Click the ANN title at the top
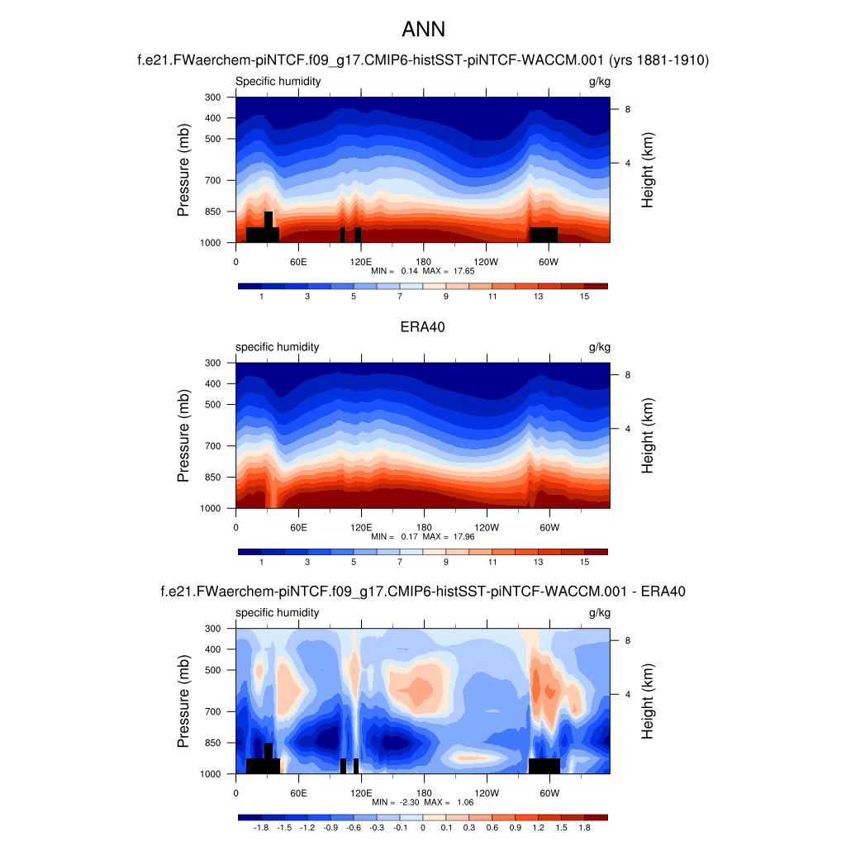(423, 30)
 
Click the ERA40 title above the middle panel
(423, 327)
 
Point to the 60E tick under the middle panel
(298, 527)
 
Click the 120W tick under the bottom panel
(486, 792)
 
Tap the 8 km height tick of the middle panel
(628, 374)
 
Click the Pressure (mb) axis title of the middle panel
(183, 436)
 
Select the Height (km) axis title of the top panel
(648, 169)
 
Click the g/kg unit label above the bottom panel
(599, 613)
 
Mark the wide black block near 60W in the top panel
(544, 235)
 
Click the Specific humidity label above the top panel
(278, 81)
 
